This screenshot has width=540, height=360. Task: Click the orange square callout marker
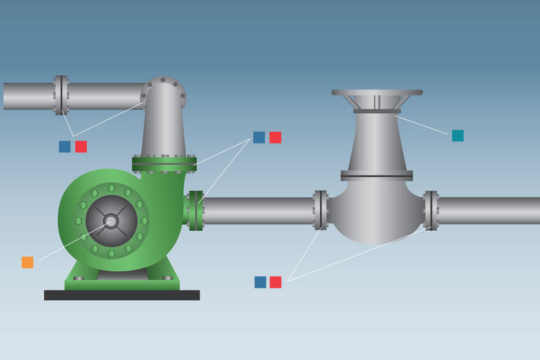pyautogui.click(x=27, y=262)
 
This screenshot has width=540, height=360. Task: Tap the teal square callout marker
pyautogui.click(x=458, y=136)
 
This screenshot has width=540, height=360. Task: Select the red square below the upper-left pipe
pyautogui.click(x=81, y=147)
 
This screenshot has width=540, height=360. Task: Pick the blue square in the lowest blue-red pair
pyautogui.click(x=260, y=282)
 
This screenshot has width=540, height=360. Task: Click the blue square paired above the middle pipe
pyautogui.click(x=259, y=138)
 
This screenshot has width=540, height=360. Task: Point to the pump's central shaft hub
pyautogui.click(x=111, y=221)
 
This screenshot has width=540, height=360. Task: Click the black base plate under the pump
pyautogui.click(x=122, y=295)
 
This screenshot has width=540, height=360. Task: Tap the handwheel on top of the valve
pyautogui.click(x=377, y=93)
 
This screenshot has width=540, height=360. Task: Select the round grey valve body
pyautogui.click(x=376, y=212)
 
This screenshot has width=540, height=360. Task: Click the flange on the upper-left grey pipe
pyautogui.click(x=61, y=96)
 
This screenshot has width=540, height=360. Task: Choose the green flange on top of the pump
pyautogui.click(x=164, y=164)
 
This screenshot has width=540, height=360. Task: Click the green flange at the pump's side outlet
pyautogui.click(x=195, y=210)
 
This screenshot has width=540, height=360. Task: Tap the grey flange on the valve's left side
pyautogui.click(x=320, y=210)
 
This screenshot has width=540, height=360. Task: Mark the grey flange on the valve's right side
pyautogui.click(x=431, y=210)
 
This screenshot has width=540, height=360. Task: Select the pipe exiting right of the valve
pyautogui.click(x=489, y=211)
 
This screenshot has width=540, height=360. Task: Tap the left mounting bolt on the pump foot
pyautogui.click(x=78, y=278)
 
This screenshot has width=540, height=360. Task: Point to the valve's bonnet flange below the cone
pyautogui.click(x=377, y=175)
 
